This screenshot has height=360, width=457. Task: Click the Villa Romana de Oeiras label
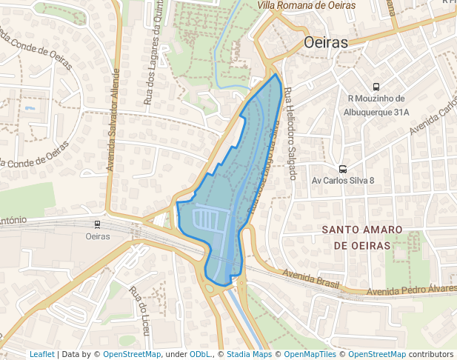pos(306,5)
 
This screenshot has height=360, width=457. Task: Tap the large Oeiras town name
pos(326,43)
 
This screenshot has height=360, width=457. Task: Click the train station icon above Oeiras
pos(97,224)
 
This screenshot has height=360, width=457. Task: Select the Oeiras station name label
pos(98,237)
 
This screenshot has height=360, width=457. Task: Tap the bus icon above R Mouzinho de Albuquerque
pos(377,87)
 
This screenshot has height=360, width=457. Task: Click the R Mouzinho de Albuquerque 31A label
pos(377,105)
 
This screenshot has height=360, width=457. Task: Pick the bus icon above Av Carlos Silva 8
pos(342,168)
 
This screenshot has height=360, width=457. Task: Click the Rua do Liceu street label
pos(138,303)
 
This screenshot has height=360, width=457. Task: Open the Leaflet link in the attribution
pos(41,354)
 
